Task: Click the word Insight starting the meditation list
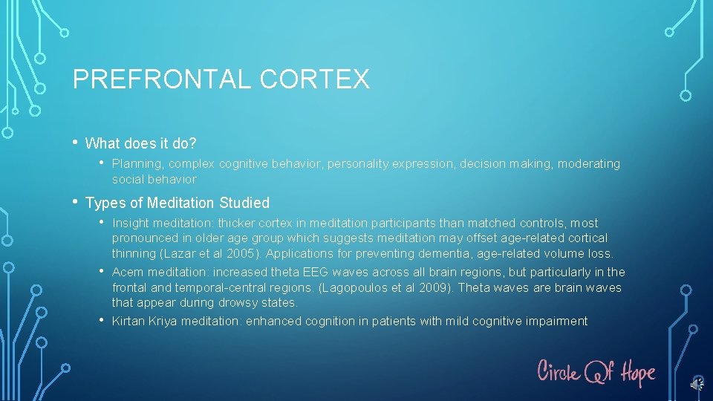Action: pyautogui.click(x=131, y=223)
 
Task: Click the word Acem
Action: pyautogui.click(x=127, y=272)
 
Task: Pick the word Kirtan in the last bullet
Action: pyautogui.click(x=128, y=321)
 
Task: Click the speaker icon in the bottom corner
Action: pyautogui.click(x=696, y=384)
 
